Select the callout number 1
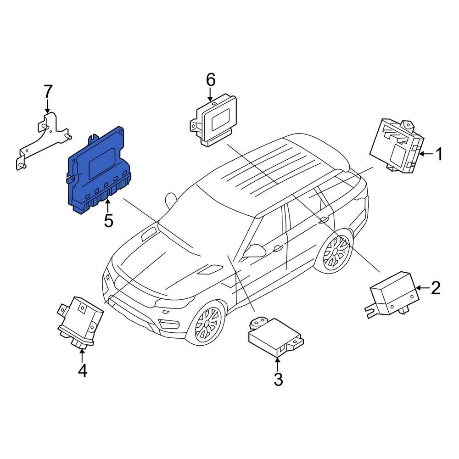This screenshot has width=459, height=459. [x=439, y=154]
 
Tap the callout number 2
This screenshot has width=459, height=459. [x=436, y=288]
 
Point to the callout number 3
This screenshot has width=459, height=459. [x=278, y=380]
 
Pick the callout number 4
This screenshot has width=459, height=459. [x=82, y=370]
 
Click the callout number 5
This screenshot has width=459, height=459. [x=108, y=221]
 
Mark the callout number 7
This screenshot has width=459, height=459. [x=48, y=92]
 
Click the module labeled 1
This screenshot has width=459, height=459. [x=396, y=146]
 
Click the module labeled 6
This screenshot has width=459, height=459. [x=213, y=120]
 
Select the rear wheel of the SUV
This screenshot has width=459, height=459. [x=335, y=252]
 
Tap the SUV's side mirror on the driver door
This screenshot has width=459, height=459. [x=255, y=251]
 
